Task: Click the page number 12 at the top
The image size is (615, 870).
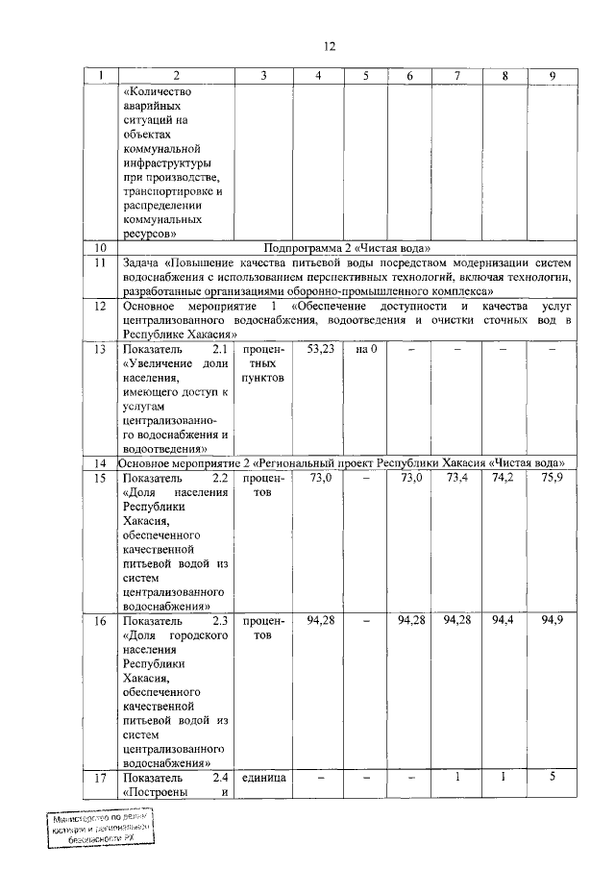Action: click(x=330, y=45)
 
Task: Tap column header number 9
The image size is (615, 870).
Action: click(x=551, y=76)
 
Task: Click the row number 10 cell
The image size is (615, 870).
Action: click(x=99, y=248)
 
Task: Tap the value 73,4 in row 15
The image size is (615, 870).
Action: click(x=458, y=478)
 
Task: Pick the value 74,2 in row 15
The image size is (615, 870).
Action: click(x=504, y=478)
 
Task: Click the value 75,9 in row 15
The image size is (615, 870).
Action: click(x=551, y=478)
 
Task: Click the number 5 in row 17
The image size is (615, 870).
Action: click(x=551, y=776)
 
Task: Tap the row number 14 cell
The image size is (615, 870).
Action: click(x=99, y=462)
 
